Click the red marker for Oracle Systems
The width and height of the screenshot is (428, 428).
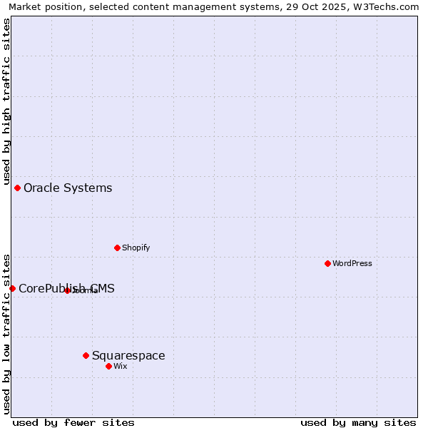17,188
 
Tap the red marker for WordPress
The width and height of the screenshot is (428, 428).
327,263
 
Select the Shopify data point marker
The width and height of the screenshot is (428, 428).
117,248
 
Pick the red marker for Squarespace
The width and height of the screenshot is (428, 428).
86,355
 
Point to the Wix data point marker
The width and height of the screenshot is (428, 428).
108,366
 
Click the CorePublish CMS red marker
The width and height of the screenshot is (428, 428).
12,288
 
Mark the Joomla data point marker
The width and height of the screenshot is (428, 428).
67,290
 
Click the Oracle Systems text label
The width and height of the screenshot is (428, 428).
68,188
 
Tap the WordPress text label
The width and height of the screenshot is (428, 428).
352,264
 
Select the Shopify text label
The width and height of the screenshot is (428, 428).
136,248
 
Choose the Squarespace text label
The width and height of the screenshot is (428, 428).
128,356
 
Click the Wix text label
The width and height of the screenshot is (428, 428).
121,367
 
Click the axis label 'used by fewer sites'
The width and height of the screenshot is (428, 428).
73,422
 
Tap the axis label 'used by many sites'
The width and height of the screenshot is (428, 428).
358,422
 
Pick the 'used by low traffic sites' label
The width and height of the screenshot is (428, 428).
6,334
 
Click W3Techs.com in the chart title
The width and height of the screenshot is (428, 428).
391,6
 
